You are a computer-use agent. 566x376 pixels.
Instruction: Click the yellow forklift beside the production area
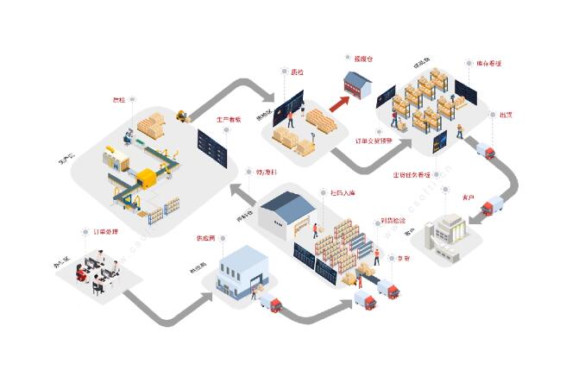182,114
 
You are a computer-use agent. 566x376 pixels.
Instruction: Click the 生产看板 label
228,119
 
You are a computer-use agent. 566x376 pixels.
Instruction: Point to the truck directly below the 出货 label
486,152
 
